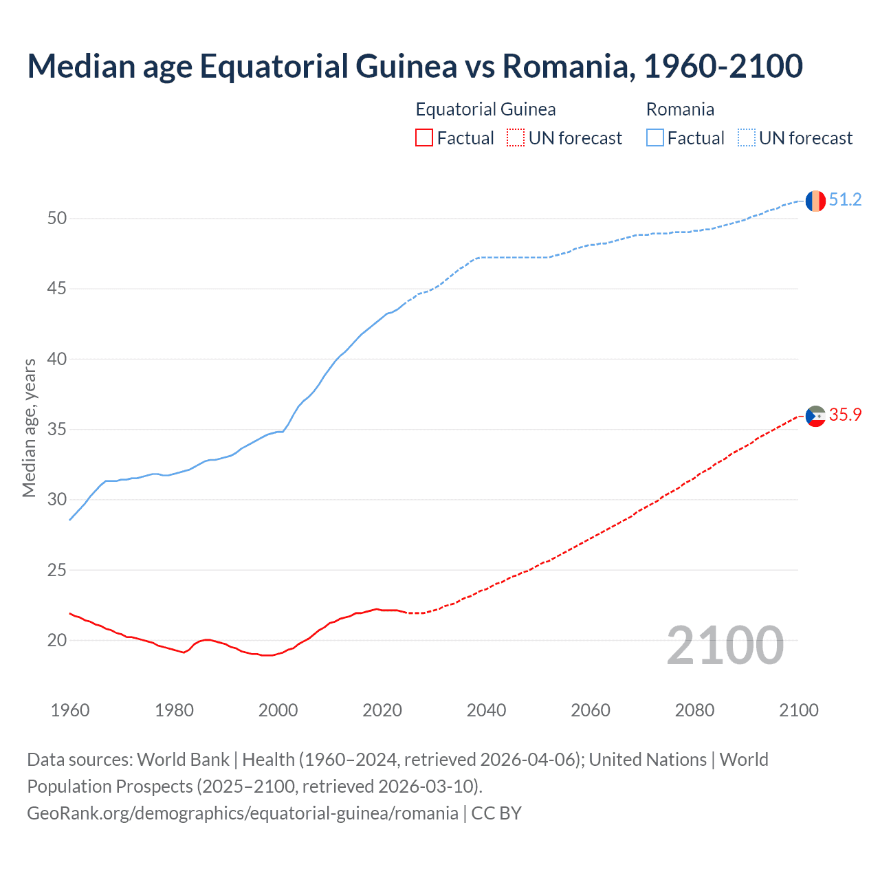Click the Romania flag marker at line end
pos(815,201)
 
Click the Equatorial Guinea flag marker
pos(815,416)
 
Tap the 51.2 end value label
pos(845,200)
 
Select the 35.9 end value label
pos(845,415)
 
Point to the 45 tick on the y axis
pos(57,289)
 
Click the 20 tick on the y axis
pos(57,641)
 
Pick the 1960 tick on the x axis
pos(70,710)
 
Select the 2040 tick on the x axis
pos(486,710)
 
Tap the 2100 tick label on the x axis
pos(798,710)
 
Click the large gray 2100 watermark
pos(725,646)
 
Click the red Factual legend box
pos(424,138)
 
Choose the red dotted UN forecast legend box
pos(516,138)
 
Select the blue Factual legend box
pos(655,138)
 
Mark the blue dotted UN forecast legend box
pos(747,138)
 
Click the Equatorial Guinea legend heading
pos(485,109)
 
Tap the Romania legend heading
pos(680,109)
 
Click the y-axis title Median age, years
pos(29,428)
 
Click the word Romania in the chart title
pos(564,66)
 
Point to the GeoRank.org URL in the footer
pos(242,813)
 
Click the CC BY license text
pos(496,813)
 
